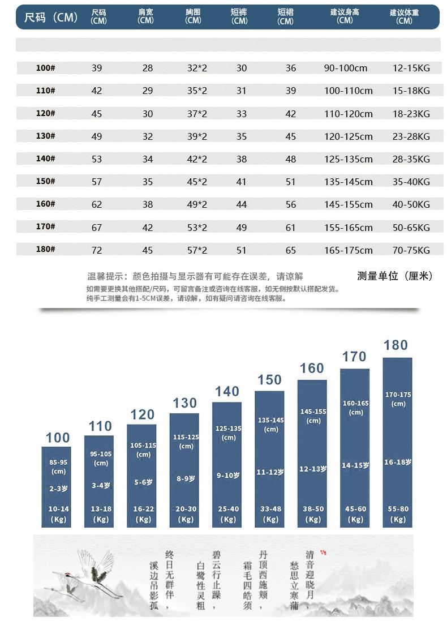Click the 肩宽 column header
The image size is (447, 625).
(x=145, y=16)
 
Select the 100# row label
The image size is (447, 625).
(x=45, y=68)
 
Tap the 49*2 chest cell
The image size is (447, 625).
(x=197, y=204)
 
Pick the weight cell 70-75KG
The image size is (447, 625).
(x=411, y=250)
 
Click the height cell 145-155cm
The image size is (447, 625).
(x=348, y=204)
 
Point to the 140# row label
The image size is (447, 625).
(x=45, y=159)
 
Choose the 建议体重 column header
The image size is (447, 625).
(x=405, y=16)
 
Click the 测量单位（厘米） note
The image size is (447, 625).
(x=395, y=276)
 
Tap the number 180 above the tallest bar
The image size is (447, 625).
(x=396, y=345)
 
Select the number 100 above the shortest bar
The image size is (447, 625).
(x=58, y=438)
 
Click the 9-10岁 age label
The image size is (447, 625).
(x=228, y=476)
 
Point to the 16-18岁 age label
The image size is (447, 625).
(x=398, y=463)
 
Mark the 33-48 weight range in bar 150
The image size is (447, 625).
(x=270, y=509)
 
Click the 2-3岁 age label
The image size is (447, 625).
(x=58, y=488)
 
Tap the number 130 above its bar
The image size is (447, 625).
(x=185, y=403)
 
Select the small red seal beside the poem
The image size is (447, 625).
(x=324, y=553)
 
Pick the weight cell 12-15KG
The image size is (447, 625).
(x=411, y=68)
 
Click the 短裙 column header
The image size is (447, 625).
(x=285, y=16)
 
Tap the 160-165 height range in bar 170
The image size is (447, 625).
(x=356, y=403)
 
